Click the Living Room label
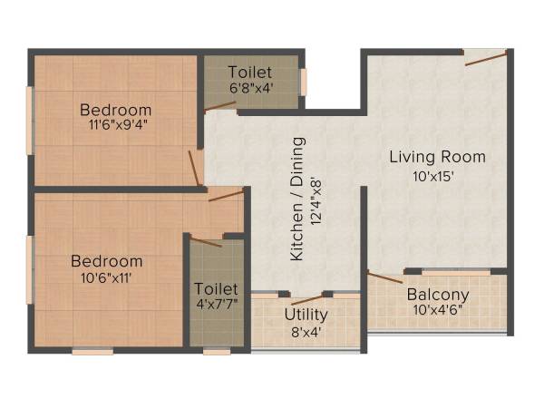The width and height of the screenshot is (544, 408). click(x=437, y=157)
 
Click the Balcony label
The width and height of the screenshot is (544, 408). click(x=437, y=295)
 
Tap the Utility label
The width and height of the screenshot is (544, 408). click(x=306, y=315)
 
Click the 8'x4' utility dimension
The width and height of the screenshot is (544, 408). click(x=306, y=332)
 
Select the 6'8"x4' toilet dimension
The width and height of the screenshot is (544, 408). click(x=249, y=89)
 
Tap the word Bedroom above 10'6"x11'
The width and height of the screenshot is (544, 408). click(x=107, y=261)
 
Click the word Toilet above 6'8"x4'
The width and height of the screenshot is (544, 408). click(x=249, y=72)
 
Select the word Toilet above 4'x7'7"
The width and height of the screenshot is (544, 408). click(x=216, y=288)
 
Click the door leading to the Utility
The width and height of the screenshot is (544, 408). click(x=307, y=298)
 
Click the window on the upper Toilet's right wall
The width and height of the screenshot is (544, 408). click(x=304, y=82)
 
